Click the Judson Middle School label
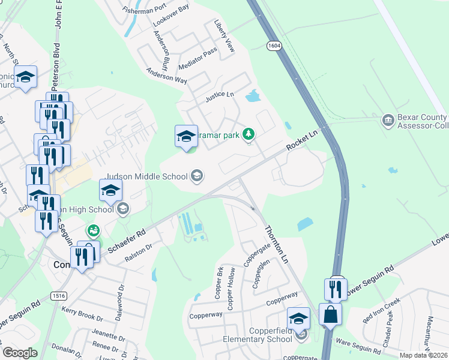click(147, 177)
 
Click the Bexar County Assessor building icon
click(388, 122)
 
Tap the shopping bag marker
click(330, 313)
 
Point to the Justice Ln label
click(220, 95)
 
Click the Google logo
click(20, 353)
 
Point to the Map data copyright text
click(423, 355)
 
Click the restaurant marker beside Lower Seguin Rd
click(334, 289)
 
